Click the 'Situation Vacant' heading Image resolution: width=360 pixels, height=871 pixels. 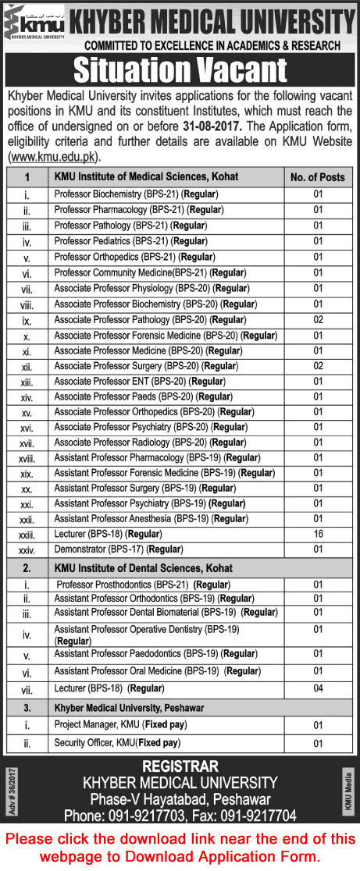(180, 71)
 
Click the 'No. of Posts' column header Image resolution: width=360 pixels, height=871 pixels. (317, 177)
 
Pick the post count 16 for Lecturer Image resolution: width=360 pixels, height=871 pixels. (318, 534)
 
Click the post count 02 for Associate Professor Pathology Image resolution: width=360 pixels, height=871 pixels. (318, 319)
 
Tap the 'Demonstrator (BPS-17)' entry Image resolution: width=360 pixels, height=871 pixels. (118, 549)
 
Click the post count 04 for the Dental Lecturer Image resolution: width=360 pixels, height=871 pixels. (318, 688)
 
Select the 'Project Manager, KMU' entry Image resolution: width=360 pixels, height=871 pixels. (120, 725)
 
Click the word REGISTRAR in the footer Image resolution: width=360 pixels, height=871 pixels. (180, 766)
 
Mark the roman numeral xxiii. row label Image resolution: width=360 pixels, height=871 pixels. (27, 535)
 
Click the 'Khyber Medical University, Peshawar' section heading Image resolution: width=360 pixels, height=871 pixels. (129, 707)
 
